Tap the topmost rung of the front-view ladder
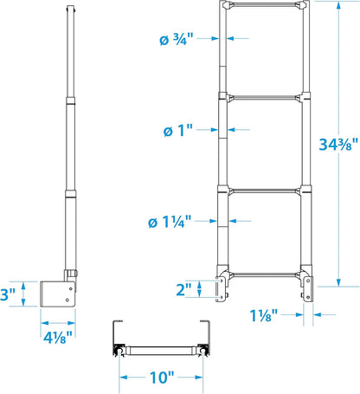pyautogui.click(x=266, y=5)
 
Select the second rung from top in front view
pyautogui.click(x=266, y=97)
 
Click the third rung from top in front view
pyautogui.click(x=266, y=189)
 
